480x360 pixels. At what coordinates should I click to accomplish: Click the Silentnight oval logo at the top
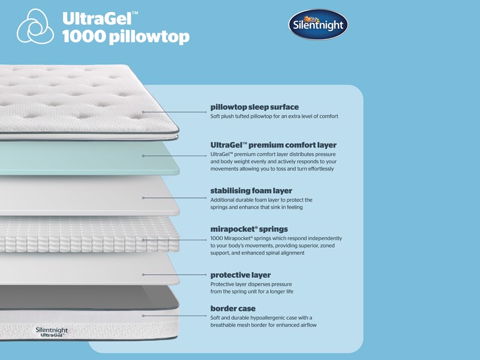(319, 25)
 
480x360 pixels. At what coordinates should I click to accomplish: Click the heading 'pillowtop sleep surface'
(254, 107)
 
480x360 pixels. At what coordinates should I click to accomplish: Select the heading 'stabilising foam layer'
(251, 191)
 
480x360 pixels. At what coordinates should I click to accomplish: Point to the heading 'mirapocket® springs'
(249, 229)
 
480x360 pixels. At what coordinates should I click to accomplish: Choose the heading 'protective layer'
(241, 275)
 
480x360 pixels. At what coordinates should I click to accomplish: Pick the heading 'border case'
(233, 308)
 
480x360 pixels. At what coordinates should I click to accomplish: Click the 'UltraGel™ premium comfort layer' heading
(273, 145)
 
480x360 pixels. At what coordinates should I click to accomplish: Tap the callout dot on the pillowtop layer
(143, 112)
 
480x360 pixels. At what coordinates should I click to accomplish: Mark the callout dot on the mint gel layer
(143, 156)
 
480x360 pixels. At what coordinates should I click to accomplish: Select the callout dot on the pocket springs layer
(143, 240)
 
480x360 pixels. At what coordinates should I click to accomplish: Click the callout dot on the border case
(143, 315)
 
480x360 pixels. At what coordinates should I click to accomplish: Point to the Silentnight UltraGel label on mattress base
(51, 332)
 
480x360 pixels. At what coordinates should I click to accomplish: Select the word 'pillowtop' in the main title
(149, 37)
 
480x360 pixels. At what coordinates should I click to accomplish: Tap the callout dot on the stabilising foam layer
(143, 197)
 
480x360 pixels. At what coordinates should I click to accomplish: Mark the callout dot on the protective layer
(143, 275)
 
